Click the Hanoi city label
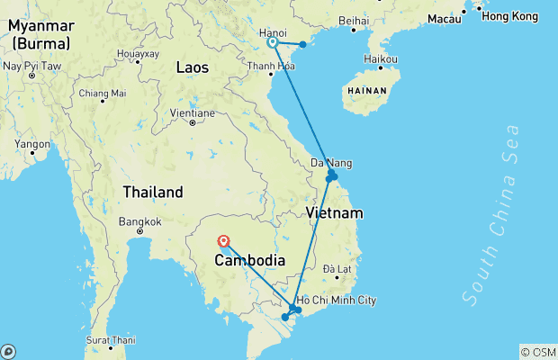point(273,33)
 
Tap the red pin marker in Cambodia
point(223,240)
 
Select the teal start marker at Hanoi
point(272,41)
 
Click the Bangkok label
point(139,221)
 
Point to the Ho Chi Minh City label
point(336,301)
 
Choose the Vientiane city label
point(193,113)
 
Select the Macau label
point(445,18)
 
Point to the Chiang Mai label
point(102,93)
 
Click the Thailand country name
point(154,192)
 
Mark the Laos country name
point(193,67)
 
